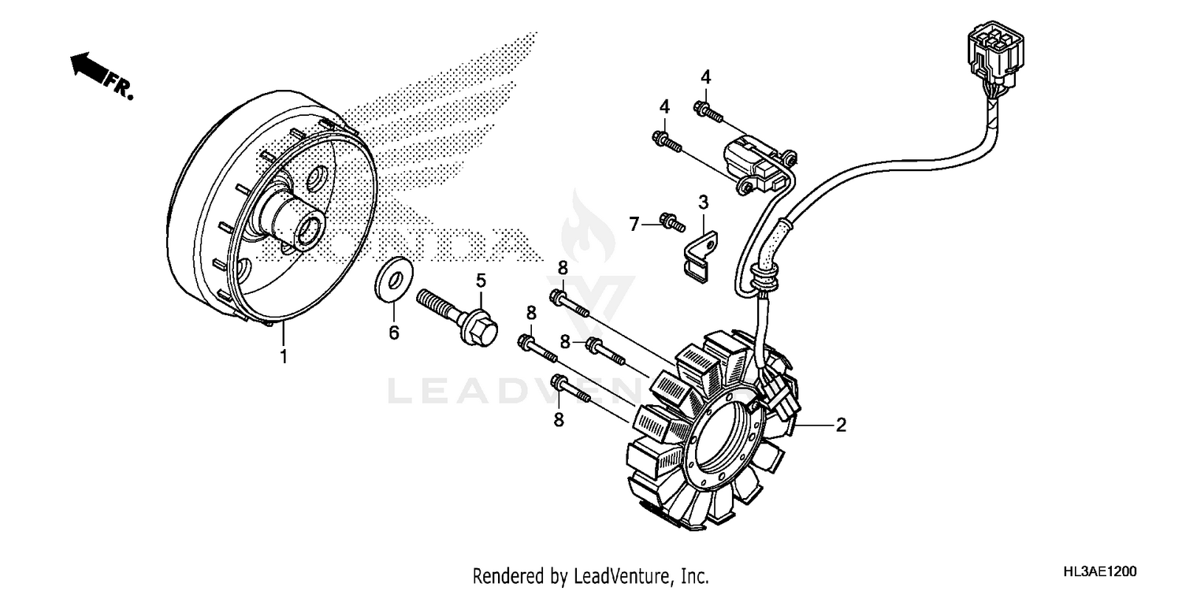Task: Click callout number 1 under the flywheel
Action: (x=283, y=356)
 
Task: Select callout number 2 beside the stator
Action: (x=841, y=426)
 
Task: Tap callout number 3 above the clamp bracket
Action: (x=704, y=203)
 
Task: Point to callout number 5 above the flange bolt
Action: (x=480, y=281)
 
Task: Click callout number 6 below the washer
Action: (x=393, y=333)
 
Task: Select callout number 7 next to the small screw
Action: (x=633, y=225)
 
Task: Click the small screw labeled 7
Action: (x=671, y=224)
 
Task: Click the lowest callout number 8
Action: (x=559, y=420)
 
